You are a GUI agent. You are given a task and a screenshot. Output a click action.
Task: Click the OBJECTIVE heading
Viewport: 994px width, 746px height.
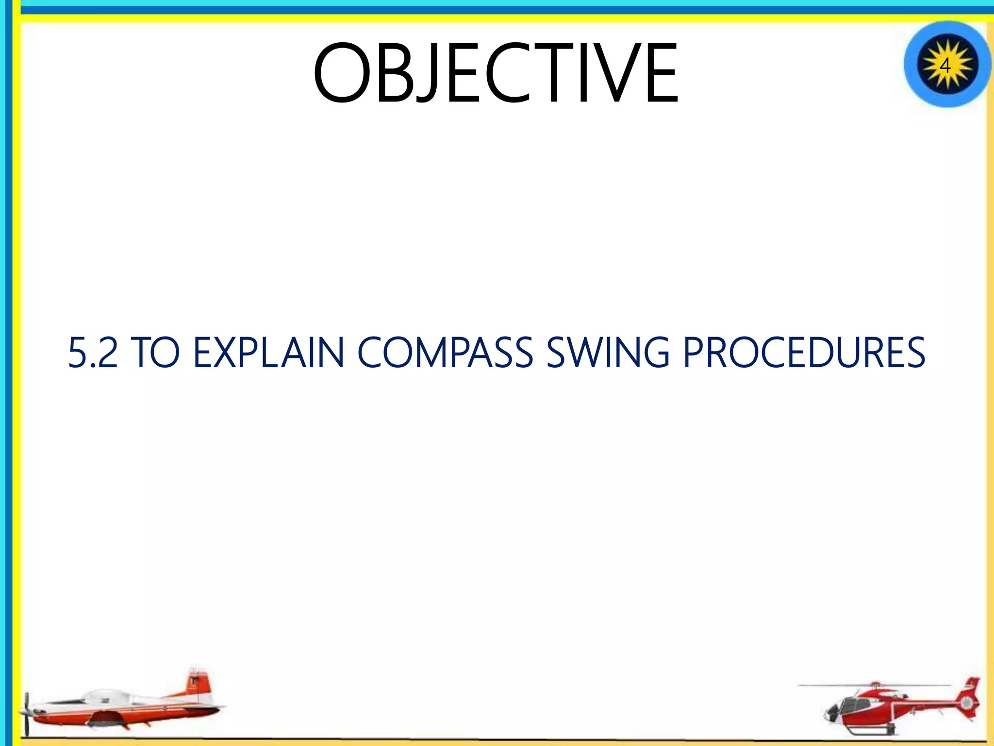click(x=495, y=74)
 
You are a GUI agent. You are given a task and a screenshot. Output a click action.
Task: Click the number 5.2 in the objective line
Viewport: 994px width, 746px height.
click(x=93, y=353)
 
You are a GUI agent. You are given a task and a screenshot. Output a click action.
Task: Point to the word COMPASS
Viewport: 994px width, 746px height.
click(x=445, y=353)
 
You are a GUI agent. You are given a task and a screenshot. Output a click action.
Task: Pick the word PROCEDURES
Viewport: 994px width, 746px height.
click(x=804, y=353)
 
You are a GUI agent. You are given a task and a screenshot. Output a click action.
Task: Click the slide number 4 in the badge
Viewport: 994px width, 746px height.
click(x=944, y=65)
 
